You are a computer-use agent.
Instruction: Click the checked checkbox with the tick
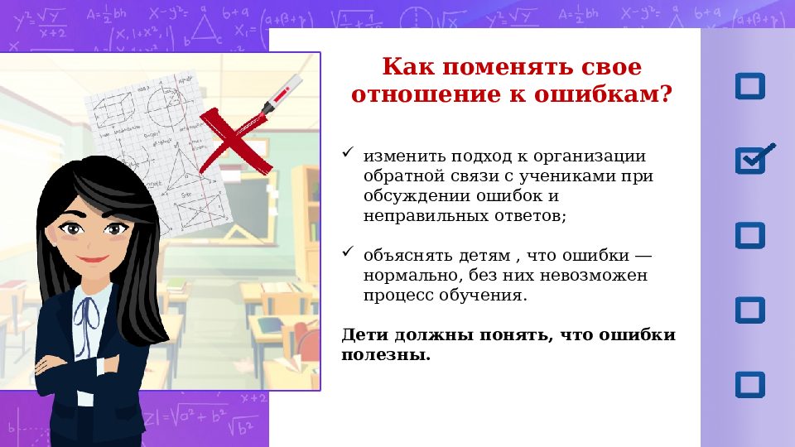coord(751,160)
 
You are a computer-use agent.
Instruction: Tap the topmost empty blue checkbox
coord(750,86)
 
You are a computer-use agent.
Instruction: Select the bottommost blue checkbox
coord(750,384)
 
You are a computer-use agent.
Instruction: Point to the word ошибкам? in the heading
coord(610,94)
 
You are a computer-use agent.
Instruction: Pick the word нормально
coord(406,275)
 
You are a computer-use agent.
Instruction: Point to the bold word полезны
coord(386,354)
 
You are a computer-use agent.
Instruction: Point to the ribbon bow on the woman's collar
coord(88,312)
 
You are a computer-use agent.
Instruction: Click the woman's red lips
coord(93,259)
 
